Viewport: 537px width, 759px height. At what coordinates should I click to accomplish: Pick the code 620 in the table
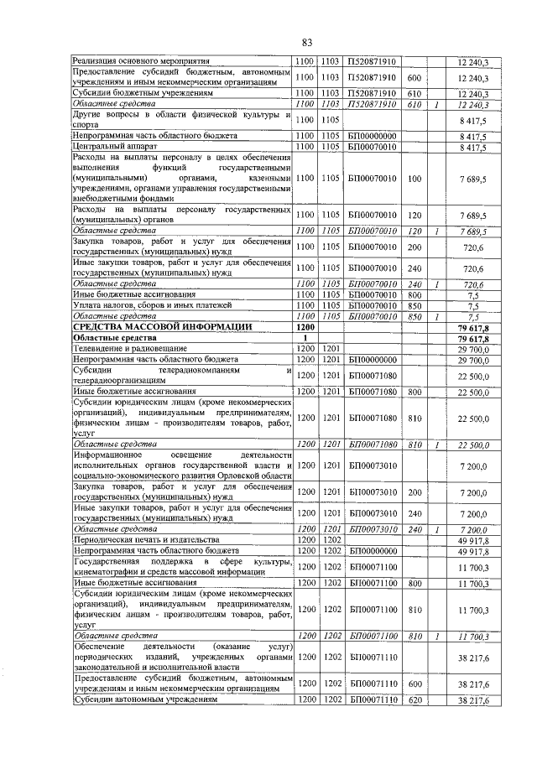[413, 699]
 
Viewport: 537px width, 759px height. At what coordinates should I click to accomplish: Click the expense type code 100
[413, 179]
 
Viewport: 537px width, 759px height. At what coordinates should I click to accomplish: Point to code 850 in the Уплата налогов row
[413, 306]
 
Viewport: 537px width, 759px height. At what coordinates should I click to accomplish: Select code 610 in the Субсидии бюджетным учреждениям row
[413, 93]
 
